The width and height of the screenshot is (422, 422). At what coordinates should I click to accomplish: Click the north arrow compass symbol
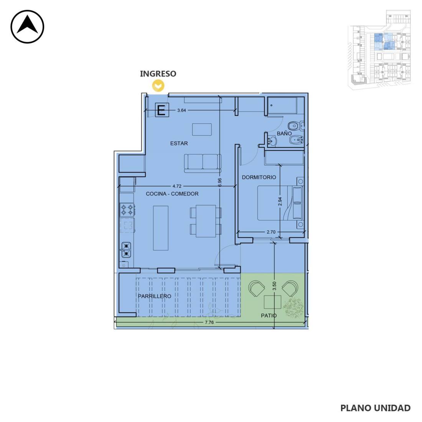point(27,26)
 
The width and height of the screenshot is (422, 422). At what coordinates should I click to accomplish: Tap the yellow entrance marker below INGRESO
point(158,86)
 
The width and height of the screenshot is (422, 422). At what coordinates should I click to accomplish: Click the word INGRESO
point(158,74)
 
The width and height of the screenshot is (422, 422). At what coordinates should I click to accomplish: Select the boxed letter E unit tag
point(162,110)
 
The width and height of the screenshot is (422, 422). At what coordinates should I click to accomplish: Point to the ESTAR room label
point(179,143)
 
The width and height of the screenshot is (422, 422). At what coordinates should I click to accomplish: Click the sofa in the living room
point(203,163)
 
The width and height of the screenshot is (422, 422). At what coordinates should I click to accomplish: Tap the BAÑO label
point(284,134)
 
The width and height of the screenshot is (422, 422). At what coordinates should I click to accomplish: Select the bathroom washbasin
point(272,141)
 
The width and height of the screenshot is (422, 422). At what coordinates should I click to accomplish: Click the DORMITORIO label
point(259,177)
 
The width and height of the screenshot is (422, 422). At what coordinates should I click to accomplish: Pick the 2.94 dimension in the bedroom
point(280,201)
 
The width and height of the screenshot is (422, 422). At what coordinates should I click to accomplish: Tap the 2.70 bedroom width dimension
point(271,232)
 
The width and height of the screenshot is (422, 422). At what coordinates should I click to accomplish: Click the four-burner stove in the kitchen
point(127,210)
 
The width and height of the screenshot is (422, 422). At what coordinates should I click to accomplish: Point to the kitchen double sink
point(126,250)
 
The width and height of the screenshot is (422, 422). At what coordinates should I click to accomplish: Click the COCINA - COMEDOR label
point(172,194)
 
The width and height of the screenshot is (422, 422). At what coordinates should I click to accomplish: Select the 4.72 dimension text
point(177,186)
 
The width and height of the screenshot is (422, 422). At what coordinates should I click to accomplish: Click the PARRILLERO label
point(155,296)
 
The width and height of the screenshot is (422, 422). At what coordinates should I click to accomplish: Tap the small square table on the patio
point(272,302)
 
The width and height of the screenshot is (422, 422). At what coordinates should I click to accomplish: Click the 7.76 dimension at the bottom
point(209,322)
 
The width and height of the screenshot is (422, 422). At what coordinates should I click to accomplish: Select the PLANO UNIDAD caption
point(376,408)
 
